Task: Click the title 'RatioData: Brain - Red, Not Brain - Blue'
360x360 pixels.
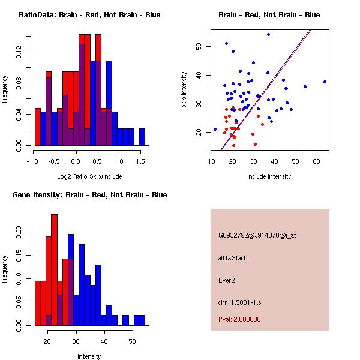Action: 89,15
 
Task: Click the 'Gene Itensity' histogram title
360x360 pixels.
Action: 89,195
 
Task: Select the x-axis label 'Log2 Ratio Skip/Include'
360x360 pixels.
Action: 89,176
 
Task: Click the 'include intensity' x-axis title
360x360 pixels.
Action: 269,176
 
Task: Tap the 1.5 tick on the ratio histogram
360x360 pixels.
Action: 140,161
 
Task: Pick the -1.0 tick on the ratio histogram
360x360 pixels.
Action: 32,161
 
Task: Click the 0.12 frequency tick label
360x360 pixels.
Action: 19,53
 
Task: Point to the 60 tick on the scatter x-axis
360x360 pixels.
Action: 316,161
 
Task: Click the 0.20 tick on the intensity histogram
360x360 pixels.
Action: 19,232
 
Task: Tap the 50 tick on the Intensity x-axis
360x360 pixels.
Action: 132,341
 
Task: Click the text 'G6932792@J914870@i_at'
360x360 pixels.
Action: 257,235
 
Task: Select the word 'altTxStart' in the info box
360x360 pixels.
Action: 232,258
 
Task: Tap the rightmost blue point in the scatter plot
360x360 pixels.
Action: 325,82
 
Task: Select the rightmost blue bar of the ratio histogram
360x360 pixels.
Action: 142,137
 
